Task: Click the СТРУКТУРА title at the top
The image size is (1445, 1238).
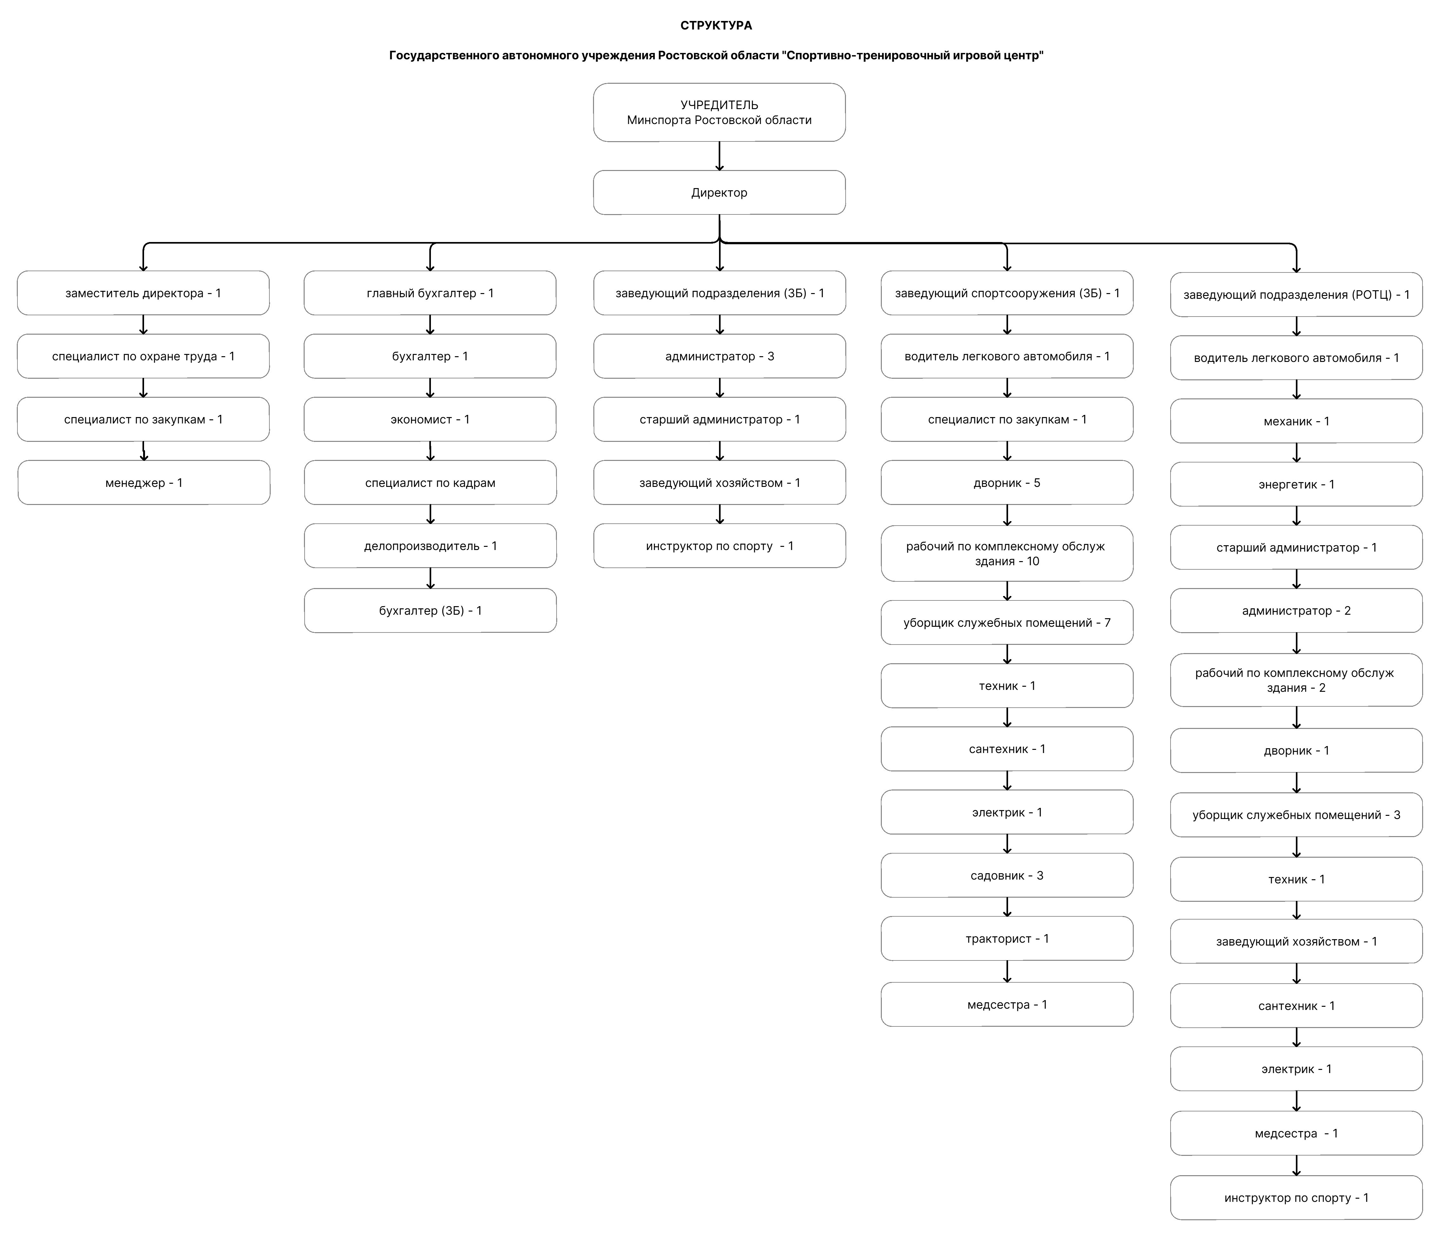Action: [x=716, y=26]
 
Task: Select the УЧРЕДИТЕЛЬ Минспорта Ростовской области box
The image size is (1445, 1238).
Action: [x=719, y=112]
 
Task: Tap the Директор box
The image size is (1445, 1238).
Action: [x=719, y=193]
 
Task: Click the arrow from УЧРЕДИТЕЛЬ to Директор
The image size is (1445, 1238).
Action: [x=719, y=156]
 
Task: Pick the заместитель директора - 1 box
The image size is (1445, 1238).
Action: [x=143, y=293]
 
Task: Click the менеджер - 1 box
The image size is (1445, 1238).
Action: [x=144, y=482]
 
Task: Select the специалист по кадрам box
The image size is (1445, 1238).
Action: [x=430, y=482]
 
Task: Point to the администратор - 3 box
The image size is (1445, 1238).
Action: [x=720, y=356]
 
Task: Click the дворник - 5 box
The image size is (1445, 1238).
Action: [x=1007, y=482]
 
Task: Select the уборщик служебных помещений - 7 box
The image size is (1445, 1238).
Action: [x=1007, y=622]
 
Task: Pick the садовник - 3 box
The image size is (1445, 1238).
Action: [x=1007, y=875]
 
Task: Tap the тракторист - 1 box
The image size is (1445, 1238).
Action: [x=1007, y=938]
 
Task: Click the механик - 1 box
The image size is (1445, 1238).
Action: [x=1297, y=421]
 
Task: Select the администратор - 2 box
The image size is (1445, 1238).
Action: [x=1297, y=611]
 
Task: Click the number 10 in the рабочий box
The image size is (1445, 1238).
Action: [x=1033, y=561]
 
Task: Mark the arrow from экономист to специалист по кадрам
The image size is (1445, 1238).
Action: [x=430, y=451]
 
